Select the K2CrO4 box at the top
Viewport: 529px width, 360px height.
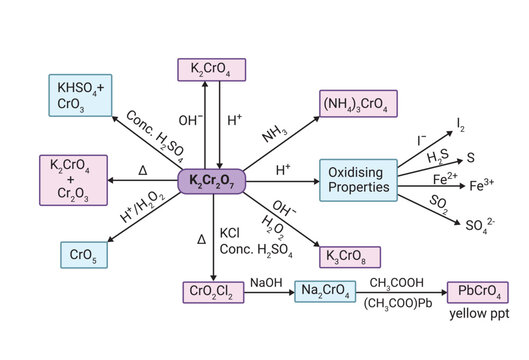point(217,69)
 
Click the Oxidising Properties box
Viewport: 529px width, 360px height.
point(357,180)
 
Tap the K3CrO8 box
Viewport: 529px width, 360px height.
point(345,254)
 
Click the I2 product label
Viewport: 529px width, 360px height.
point(460,124)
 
